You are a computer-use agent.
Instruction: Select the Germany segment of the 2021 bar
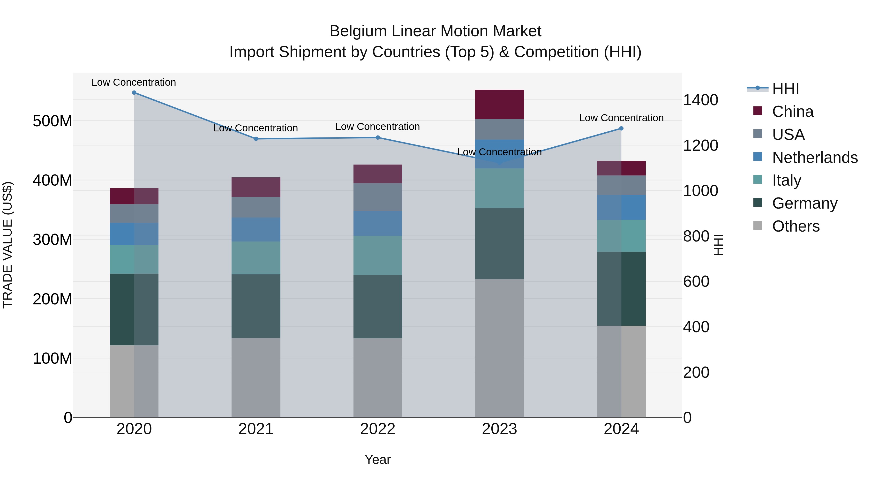pos(256,306)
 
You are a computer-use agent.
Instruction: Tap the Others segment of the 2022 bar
pos(378,378)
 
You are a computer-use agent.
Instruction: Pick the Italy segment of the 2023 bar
pos(499,188)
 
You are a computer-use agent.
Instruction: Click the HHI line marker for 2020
pos(134,93)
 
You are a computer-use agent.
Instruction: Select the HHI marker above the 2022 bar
pos(378,138)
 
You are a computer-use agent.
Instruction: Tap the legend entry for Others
pos(796,226)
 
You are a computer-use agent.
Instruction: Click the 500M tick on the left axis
pos(53,121)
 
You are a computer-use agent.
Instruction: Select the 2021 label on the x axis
pos(256,429)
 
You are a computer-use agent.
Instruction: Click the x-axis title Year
pos(378,460)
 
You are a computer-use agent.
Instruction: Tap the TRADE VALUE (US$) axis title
pos(8,245)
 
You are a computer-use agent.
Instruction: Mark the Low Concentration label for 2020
pos(134,83)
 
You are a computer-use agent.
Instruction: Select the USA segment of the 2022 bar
pos(378,197)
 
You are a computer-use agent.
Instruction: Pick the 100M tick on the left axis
pos(53,358)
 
